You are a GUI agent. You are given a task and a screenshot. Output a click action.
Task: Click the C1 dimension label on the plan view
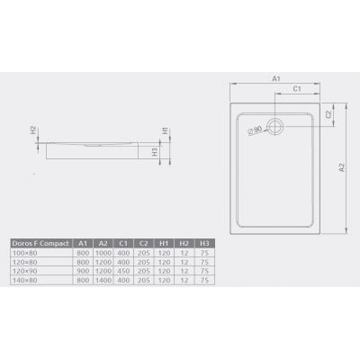(x=297, y=89)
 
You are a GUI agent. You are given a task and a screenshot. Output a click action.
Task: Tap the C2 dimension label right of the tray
(x=330, y=114)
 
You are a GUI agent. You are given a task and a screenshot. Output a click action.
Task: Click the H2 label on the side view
(x=32, y=130)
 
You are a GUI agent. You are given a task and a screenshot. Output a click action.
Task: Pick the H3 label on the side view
(x=155, y=152)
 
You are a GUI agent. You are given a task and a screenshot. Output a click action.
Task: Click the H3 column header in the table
(x=205, y=243)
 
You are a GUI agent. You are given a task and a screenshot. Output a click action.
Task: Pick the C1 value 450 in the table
(x=122, y=271)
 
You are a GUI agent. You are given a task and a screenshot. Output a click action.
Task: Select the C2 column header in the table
(x=143, y=243)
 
